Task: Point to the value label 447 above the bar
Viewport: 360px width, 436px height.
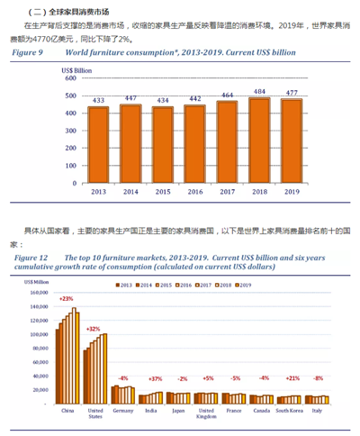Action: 130,97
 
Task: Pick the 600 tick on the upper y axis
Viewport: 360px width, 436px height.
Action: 68,78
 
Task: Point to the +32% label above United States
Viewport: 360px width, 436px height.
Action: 94,330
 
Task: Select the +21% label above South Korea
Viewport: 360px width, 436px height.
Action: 291,378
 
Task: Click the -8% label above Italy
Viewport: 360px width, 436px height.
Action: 317,378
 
